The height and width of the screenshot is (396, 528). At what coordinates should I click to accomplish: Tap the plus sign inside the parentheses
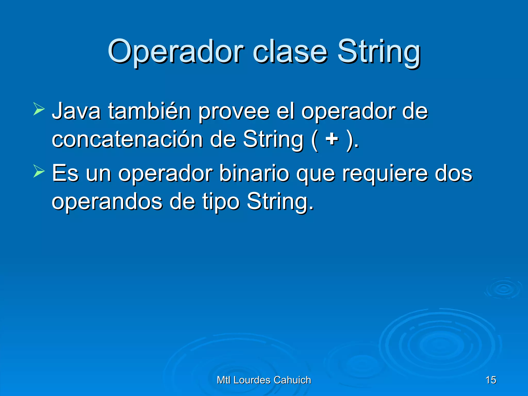tap(332, 139)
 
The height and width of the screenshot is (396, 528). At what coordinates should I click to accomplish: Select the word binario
tap(254, 173)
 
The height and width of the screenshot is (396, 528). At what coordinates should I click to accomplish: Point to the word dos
tap(453, 173)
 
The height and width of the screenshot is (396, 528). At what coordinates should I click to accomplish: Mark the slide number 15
tap(491, 380)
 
